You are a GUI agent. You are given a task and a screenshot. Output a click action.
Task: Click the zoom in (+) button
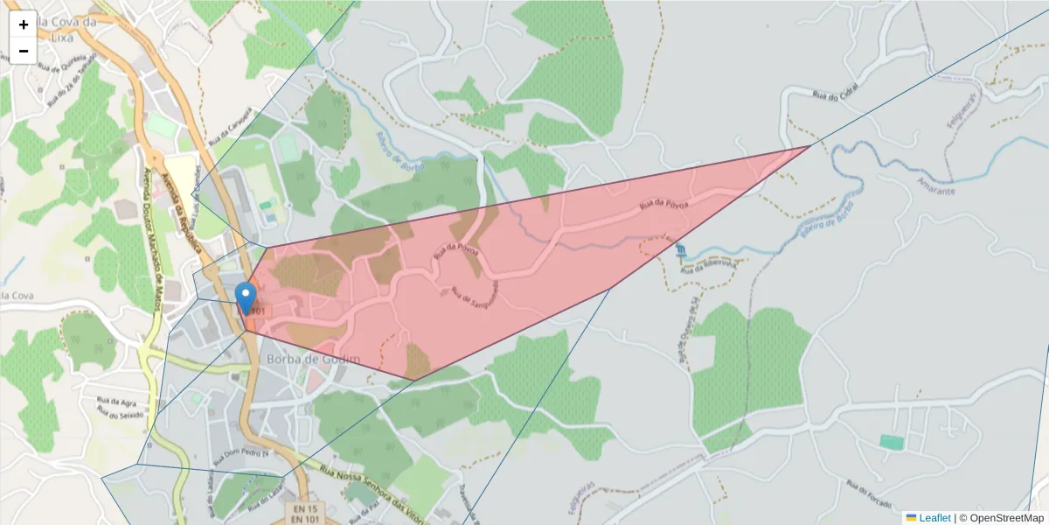point(24,24)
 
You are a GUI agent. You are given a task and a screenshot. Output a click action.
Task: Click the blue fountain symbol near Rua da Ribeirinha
point(681,253)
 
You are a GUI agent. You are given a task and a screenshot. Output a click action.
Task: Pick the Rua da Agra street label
point(116,401)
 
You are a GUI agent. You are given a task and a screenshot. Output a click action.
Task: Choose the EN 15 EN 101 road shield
point(305,514)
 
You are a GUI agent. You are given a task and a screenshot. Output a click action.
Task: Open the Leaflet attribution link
point(934,518)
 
